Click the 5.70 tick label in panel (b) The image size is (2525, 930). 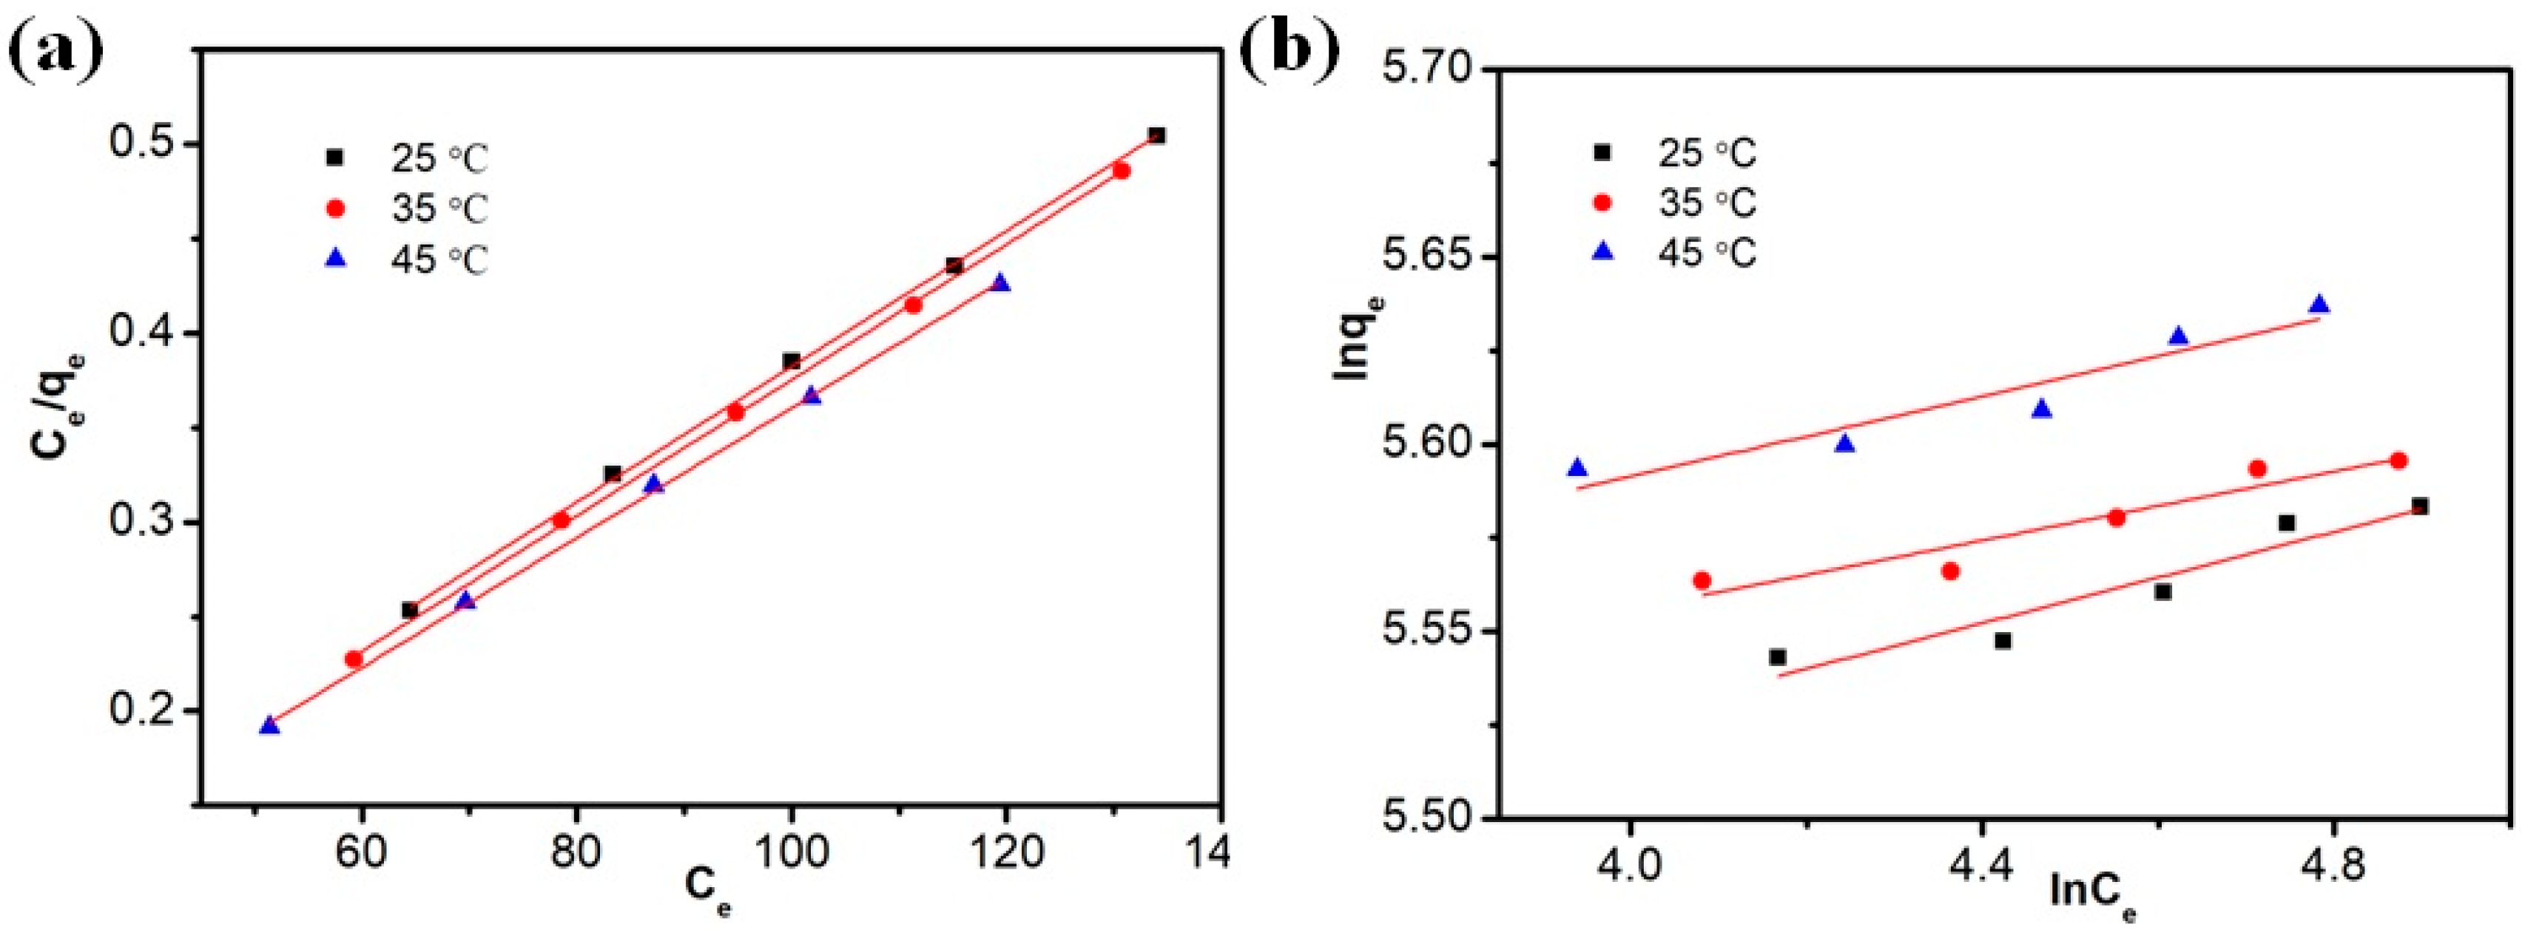(x=1418, y=70)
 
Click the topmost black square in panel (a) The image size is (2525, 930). (x=1156, y=135)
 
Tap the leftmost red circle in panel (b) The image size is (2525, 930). (x=1702, y=580)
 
